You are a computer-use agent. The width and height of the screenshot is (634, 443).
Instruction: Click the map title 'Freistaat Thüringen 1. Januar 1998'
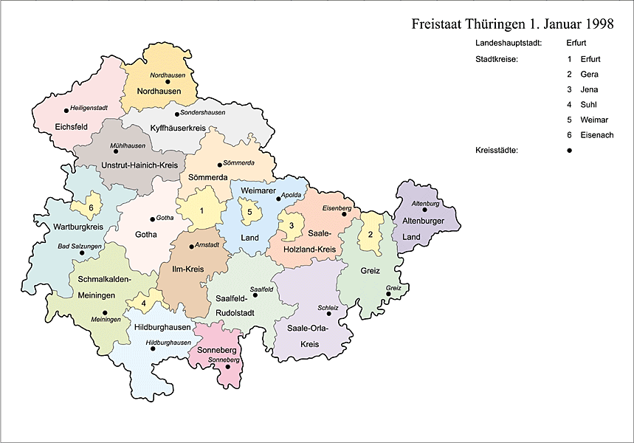[512, 24]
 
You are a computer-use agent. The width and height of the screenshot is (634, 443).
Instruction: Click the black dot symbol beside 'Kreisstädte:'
[570, 151]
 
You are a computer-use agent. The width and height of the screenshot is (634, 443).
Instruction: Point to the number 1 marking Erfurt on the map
[201, 210]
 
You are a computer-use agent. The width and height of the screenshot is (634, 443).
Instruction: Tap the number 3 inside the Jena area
[292, 225]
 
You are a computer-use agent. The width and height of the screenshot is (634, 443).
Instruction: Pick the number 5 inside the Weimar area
[249, 212]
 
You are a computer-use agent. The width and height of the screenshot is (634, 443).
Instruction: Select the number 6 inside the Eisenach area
[91, 207]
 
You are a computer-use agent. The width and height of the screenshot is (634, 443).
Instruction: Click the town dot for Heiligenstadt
[66, 111]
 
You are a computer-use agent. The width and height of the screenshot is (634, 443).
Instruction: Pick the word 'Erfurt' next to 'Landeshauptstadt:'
[578, 44]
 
